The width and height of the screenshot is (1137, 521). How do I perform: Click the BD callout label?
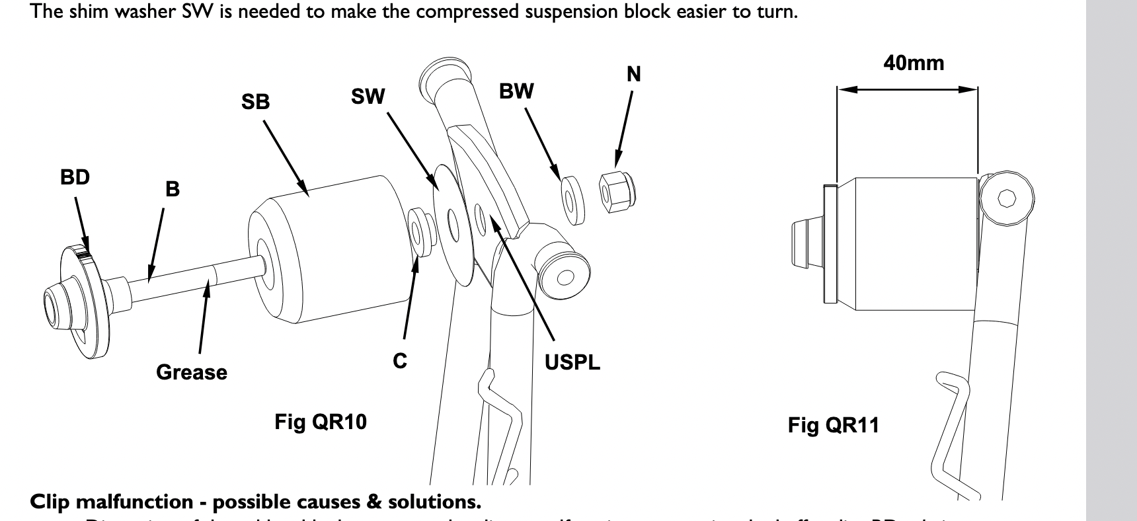click(75, 178)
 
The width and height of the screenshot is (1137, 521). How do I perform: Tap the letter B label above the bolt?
click(172, 189)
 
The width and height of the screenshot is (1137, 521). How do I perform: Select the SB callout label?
click(255, 102)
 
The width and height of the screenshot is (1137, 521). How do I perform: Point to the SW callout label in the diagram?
click(368, 97)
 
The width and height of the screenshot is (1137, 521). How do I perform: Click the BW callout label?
click(516, 91)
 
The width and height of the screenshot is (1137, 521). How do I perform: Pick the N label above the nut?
click(633, 74)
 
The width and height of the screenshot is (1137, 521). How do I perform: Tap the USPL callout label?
click(572, 362)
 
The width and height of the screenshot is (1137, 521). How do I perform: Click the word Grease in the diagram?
click(191, 372)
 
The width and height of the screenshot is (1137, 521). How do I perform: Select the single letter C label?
click(400, 361)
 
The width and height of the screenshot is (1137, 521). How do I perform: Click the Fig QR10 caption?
click(321, 422)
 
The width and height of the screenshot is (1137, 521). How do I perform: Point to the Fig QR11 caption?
click(833, 424)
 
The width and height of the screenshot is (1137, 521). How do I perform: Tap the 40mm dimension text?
click(914, 63)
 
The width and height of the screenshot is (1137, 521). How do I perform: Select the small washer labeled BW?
click(572, 197)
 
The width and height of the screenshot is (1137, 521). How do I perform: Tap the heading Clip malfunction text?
click(255, 502)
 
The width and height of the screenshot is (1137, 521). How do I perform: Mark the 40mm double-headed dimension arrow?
click(907, 89)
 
